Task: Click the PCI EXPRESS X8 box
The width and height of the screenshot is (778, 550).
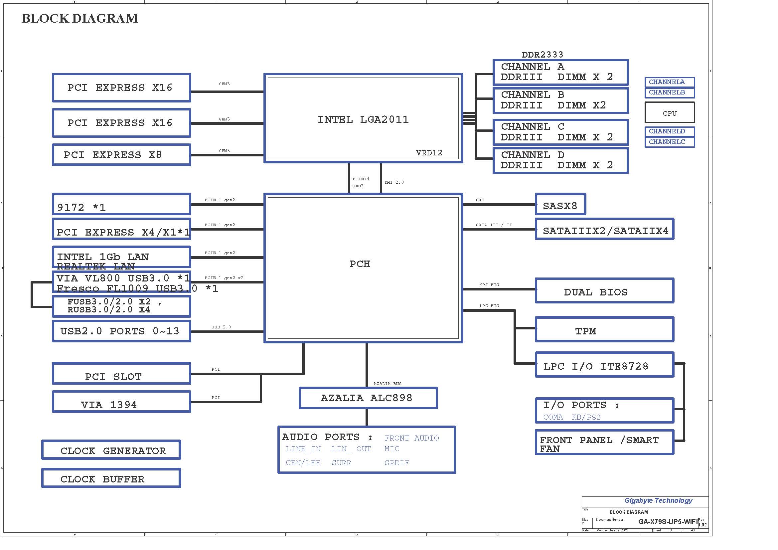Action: point(121,155)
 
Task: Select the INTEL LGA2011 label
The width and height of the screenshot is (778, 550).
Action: point(363,119)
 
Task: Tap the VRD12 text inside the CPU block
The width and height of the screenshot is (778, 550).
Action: point(429,153)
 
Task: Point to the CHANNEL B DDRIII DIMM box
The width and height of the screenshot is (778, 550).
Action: point(560,100)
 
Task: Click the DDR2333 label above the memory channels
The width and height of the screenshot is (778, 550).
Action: point(542,55)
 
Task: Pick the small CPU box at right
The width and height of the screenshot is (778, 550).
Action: point(670,113)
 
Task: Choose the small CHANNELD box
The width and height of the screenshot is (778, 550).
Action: point(670,131)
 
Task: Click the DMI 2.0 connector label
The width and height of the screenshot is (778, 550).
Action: point(394,182)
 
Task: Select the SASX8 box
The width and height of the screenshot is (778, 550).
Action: point(560,205)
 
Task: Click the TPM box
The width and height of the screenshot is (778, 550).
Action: point(604,330)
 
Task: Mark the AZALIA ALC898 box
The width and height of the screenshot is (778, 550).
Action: point(368,398)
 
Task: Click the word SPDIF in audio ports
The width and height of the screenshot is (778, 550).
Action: point(397,463)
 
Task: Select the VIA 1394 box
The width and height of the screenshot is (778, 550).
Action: point(121,402)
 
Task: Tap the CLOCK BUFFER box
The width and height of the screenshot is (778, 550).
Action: point(111,478)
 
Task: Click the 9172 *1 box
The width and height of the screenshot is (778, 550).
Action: point(121,205)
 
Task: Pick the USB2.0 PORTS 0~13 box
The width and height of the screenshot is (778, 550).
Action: point(121,331)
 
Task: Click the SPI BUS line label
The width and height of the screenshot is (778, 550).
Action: point(489,285)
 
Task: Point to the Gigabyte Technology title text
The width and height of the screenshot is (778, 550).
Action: point(658,501)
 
